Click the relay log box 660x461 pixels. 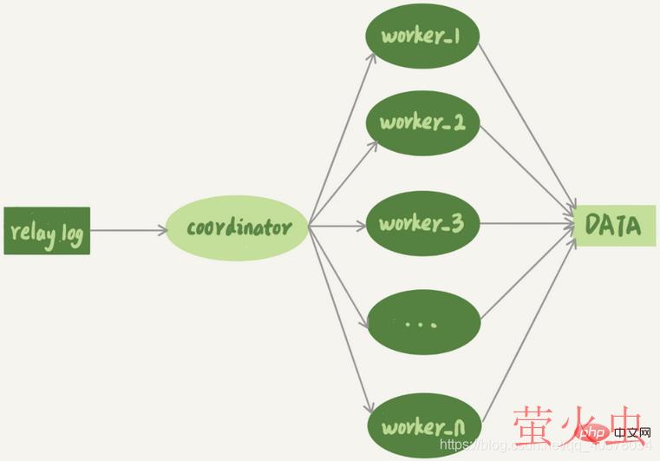pyautogui.click(x=47, y=231)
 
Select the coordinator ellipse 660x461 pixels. pyautogui.click(x=237, y=228)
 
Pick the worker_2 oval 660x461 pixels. pyautogui.click(x=422, y=122)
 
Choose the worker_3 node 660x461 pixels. pyautogui.click(x=422, y=223)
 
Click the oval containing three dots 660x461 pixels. pyautogui.click(x=422, y=324)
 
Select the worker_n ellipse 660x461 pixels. pyautogui.click(x=422, y=426)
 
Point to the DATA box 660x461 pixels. pyautogui.click(x=612, y=226)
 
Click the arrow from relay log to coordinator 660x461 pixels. pyautogui.click(x=128, y=231)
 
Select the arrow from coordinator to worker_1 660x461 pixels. pyautogui.click(x=343, y=138)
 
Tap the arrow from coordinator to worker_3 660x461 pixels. pyautogui.click(x=338, y=226)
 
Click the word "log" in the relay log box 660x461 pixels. pyautogui.click(x=72, y=235)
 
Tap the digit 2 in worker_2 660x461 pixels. pyautogui.click(x=458, y=122)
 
